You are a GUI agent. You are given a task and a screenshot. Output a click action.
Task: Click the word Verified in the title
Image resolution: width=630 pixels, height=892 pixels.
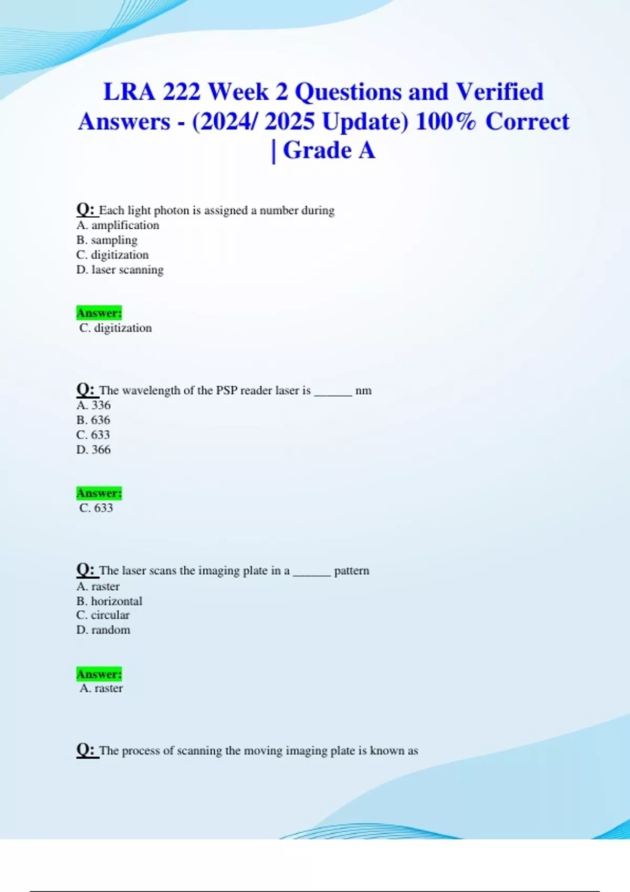[x=499, y=92]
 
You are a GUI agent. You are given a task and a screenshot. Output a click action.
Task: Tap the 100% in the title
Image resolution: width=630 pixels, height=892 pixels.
[x=446, y=122]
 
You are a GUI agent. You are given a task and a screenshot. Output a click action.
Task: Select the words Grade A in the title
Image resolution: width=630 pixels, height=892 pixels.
[x=329, y=151]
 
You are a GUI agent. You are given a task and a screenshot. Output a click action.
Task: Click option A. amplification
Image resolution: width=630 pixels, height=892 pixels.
[x=118, y=226]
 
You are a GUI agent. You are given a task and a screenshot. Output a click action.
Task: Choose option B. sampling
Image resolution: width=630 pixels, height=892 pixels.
[x=107, y=240]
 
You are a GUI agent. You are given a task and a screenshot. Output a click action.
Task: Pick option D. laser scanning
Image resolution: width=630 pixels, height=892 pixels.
[x=120, y=270]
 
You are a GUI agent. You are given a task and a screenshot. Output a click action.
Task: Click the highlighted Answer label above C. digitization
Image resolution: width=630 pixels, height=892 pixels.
[x=99, y=313]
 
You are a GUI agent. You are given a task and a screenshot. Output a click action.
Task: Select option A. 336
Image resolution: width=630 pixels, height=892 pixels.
[x=93, y=405]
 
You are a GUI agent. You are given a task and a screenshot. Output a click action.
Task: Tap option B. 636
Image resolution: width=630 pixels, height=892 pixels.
[x=93, y=420]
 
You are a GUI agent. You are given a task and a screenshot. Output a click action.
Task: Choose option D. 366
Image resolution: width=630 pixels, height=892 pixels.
[x=93, y=450]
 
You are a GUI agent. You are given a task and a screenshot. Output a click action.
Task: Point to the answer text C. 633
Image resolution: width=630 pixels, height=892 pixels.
[x=96, y=508]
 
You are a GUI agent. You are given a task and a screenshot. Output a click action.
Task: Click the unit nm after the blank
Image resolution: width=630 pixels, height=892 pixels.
[x=363, y=391]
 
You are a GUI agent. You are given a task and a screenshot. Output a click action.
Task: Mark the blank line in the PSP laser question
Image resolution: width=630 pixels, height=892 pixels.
[x=333, y=394]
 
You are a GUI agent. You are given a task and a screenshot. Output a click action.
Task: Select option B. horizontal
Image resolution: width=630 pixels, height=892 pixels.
[x=109, y=601]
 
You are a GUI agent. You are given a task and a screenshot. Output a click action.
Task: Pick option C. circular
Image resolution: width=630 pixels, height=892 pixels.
[x=103, y=615]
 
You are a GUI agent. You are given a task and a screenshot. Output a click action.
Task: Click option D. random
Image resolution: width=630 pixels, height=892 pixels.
[x=103, y=630]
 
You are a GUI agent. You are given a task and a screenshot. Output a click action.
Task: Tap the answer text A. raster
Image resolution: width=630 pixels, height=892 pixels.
[x=101, y=688]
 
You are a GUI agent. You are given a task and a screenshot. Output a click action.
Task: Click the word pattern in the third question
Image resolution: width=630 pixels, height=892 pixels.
[x=352, y=571]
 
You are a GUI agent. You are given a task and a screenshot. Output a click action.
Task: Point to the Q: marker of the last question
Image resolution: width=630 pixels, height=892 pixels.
[x=86, y=750]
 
